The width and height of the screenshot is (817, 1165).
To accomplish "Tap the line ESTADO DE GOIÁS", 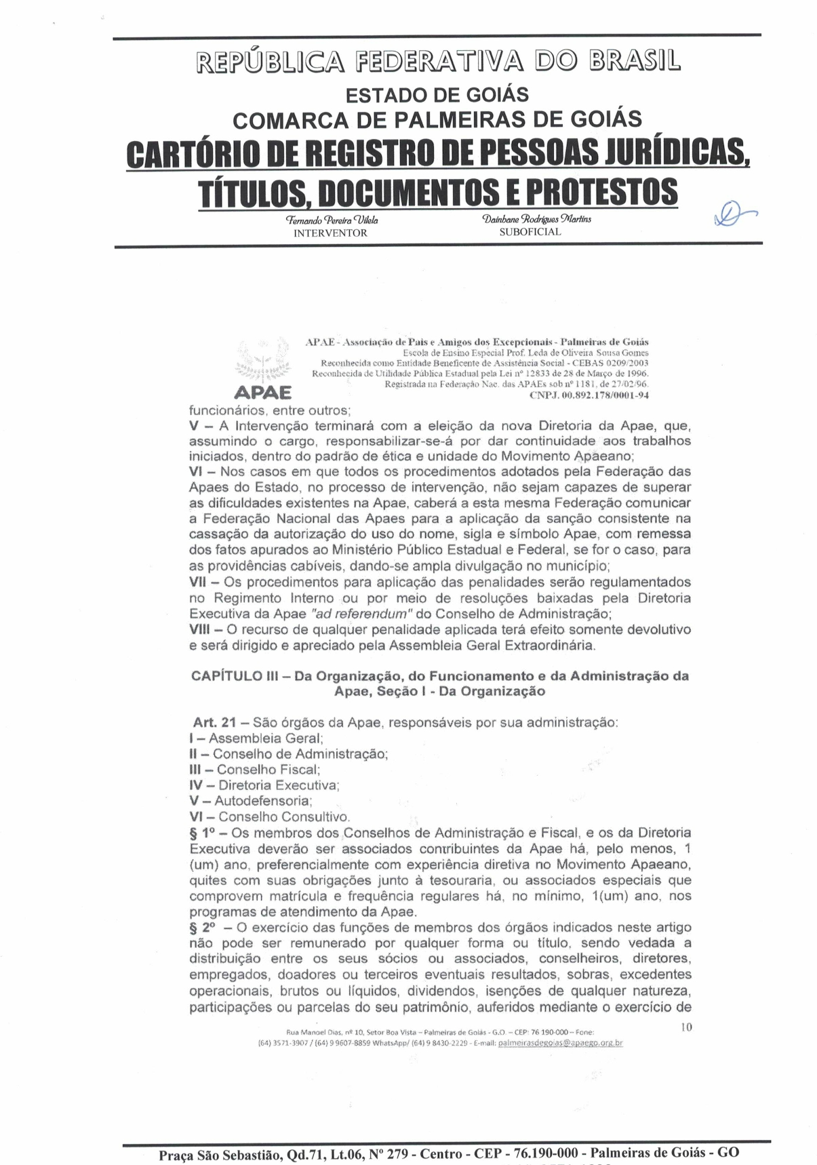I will click(x=437, y=95).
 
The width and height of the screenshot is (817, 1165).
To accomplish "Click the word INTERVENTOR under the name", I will click(x=330, y=233).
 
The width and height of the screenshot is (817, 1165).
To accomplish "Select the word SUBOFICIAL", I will click(x=530, y=232).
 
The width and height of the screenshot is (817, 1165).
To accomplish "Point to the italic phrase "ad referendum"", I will click(x=361, y=614).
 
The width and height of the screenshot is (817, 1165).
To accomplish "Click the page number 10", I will click(x=686, y=1027).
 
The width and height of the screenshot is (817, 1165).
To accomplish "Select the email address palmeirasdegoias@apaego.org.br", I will click(x=560, y=1043).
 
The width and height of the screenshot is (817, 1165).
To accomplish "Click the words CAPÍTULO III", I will click(x=236, y=676).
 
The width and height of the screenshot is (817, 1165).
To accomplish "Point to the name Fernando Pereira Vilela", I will click(x=332, y=220).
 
